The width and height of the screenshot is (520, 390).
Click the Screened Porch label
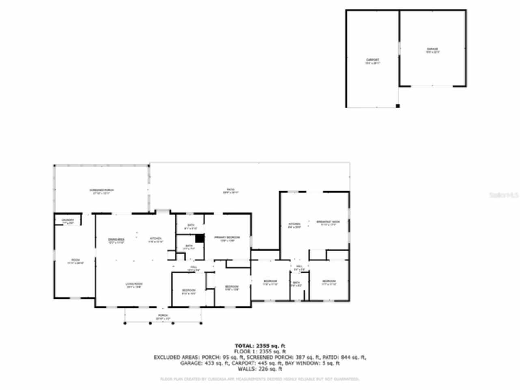(102, 191)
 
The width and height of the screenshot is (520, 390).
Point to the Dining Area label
(116, 240)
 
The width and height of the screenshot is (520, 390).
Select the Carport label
(373, 61)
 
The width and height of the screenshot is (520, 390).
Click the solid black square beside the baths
(199, 238)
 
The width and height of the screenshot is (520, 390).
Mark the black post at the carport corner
(398, 106)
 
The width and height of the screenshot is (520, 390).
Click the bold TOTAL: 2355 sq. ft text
(260, 346)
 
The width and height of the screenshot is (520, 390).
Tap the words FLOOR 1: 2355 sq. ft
(260, 351)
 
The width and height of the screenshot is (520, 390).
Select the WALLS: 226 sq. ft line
(260, 369)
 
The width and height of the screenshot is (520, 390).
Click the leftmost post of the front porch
(125, 323)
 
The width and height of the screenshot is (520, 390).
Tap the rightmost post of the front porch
(201, 323)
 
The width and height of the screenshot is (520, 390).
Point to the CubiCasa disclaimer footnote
(260, 379)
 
